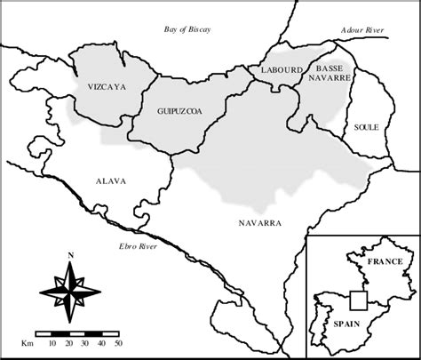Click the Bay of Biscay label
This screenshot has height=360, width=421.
pyautogui.click(x=187, y=29)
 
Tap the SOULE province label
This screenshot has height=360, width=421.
pyautogui.click(x=366, y=127)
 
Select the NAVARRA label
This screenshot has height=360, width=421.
pyautogui.click(x=259, y=223)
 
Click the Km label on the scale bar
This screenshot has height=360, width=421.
pyautogui.click(x=28, y=342)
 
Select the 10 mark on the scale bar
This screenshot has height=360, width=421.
pyautogui.click(x=53, y=342)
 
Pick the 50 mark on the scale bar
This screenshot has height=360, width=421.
pyautogui.click(x=118, y=342)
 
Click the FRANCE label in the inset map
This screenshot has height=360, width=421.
pyautogui.click(x=385, y=261)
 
